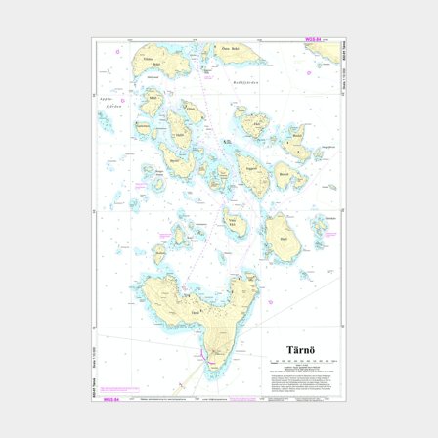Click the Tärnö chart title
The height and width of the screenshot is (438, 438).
298,349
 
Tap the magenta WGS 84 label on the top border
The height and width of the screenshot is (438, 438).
311,40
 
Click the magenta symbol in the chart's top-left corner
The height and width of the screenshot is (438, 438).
118,49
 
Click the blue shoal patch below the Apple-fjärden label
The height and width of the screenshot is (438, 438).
105,122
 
